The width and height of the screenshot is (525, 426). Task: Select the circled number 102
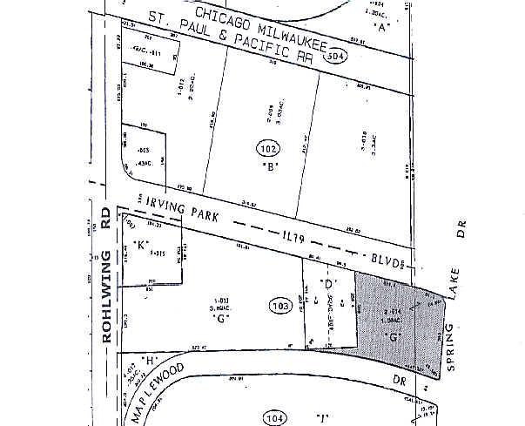(268, 148)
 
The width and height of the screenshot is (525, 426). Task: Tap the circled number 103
(279, 307)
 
